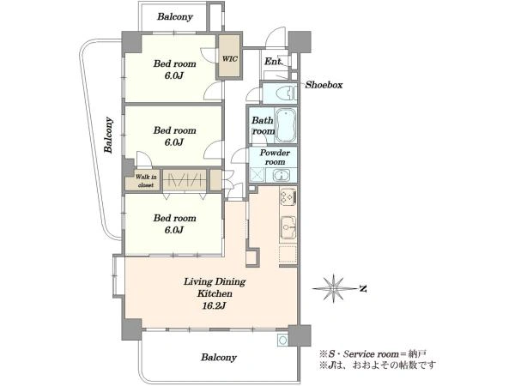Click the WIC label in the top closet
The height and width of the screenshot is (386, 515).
[229, 59]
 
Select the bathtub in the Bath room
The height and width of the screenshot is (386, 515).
[286, 125]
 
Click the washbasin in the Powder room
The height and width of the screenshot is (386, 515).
[280, 175]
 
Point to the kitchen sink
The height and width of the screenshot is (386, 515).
[288, 227]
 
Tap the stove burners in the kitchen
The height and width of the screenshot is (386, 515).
[288, 196]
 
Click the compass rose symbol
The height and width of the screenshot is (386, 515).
[334, 289]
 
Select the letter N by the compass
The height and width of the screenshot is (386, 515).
[362, 289]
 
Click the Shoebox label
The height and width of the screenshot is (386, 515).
[324, 85]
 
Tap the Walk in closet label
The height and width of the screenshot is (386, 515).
[146, 181]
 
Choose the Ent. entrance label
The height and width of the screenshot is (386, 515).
[273, 62]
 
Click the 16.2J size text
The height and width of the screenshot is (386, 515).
[214, 306]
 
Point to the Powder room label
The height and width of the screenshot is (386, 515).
[275, 157]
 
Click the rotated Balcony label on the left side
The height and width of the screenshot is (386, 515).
[109, 135]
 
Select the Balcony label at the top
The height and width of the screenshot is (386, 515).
[175, 17]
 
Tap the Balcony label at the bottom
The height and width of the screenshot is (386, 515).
[219, 357]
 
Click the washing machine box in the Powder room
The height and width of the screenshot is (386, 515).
[257, 175]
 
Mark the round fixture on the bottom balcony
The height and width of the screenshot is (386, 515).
[282, 341]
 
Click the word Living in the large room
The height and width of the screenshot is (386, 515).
[197, 282]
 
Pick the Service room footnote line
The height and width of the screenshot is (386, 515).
[373, 354]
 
